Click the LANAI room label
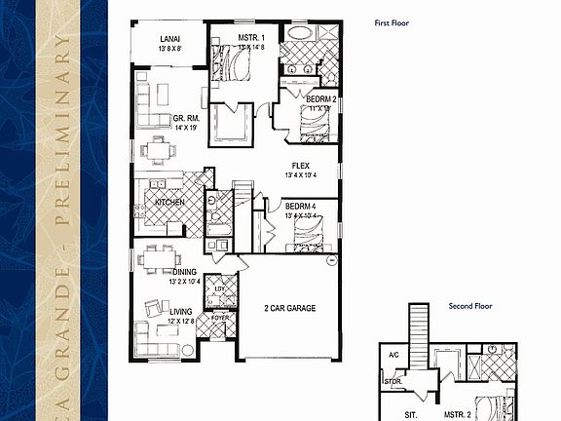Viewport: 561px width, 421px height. click(x=169, y=41)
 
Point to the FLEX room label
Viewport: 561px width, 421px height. click(x=301, y=165)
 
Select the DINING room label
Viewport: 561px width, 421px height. click(x=185, y=272)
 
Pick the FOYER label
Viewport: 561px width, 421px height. click(x=220, y=318)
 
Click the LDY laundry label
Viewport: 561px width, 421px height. click(x=219, y=288)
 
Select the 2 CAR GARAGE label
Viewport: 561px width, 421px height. click(x=288, y=309)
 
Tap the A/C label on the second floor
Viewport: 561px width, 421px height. click(x=393, y=355)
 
